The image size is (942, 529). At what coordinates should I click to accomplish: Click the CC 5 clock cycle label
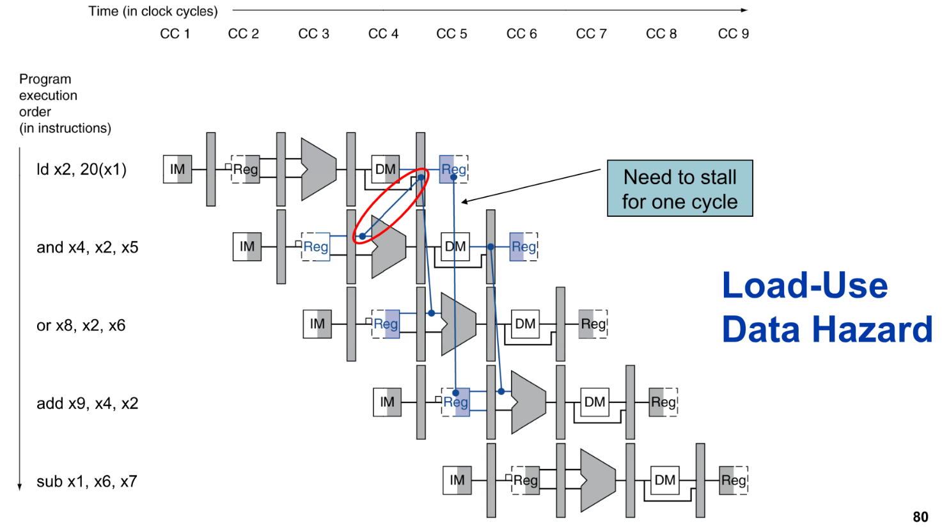451,34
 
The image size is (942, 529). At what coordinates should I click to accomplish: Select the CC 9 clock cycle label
733,34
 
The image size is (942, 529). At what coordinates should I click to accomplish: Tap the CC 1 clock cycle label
175,34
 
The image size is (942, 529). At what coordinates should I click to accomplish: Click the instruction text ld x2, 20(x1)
81,170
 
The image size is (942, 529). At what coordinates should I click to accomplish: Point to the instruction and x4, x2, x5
87,248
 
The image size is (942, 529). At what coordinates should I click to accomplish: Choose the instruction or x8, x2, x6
81,326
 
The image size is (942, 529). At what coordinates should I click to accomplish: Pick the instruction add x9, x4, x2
87,404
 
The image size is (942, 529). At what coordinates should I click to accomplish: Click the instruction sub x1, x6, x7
86,482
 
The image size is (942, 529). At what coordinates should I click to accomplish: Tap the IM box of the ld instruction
177,170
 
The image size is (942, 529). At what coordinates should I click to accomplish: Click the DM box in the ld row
385,170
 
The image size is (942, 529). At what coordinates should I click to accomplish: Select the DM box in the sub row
664,480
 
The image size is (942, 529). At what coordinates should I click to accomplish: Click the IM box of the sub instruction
457,480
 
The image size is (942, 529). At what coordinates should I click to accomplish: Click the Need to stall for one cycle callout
680,189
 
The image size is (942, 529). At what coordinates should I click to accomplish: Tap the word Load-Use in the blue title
805,285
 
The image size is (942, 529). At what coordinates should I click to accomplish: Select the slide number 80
920,517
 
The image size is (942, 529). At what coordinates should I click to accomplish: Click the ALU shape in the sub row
597,480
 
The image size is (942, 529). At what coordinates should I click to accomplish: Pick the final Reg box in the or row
593,324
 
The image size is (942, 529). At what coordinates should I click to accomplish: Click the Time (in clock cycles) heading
153,12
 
